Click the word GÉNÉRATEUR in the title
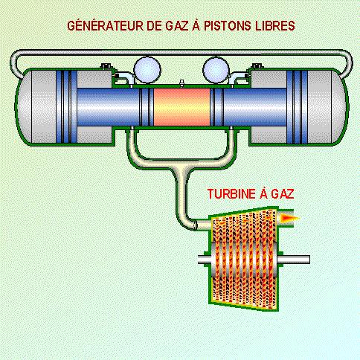tap(106, 26)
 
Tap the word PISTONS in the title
tap(228, 26)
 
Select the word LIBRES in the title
tap(275, 26)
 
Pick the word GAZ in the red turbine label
tap(283, 194)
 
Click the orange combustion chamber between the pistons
tap(181, 107)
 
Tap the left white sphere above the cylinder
tap(147, 70)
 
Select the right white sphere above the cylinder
tap(216, 70)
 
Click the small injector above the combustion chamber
tap(181, 83)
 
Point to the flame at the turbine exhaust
tap(289, 218)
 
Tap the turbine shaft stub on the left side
tap(204, 260)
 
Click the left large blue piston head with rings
tap(66, 107)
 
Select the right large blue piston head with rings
tap(297, 107)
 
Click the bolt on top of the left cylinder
tap(106, 66)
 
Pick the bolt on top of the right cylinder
tap(257, 66)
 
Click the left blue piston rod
tap(108, 107)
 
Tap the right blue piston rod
tap(255, 107)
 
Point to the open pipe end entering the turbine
tap(196, 225)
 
